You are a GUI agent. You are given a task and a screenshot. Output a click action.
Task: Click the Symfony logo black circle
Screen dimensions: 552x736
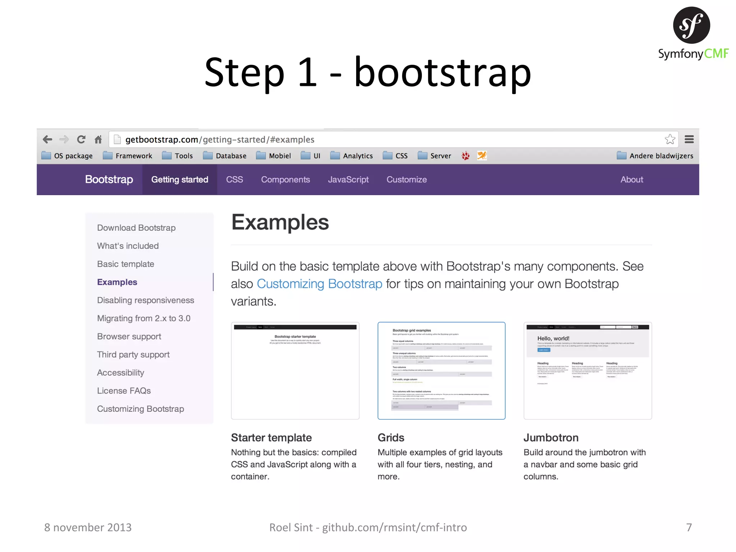click(691, 25)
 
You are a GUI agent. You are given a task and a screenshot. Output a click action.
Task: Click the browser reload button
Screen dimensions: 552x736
click(81, 139)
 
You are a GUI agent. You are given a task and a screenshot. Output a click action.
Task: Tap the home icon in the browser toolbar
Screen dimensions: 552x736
click(98, 139)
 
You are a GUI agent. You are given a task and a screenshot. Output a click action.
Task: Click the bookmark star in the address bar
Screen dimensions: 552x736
click(670, 139)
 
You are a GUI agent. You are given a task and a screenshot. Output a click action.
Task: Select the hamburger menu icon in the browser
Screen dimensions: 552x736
click(689, 139)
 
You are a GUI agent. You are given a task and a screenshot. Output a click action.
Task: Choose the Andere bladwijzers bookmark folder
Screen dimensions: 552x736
click(655, 156)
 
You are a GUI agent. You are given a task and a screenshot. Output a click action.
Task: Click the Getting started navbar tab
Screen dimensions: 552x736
click(180, 180)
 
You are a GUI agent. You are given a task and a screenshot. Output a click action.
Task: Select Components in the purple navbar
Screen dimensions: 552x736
click(285, 180)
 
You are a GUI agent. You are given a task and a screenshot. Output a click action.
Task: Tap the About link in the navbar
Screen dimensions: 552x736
click(631, 180)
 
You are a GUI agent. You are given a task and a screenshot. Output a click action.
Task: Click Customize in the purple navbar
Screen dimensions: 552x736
click(406, 180)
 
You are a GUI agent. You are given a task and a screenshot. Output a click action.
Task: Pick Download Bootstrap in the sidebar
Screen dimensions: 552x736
click(136, 228)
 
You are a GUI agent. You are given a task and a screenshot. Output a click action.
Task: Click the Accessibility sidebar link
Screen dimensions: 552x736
click(120, 373)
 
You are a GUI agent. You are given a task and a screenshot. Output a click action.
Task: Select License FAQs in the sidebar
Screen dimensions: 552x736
click(124, 391)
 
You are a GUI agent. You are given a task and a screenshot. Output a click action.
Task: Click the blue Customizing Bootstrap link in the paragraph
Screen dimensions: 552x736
click(319, 284)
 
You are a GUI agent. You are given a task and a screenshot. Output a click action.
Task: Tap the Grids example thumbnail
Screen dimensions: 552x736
click(441, 371)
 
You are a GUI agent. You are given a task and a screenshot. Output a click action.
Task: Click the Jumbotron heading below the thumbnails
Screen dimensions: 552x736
click(551, 438)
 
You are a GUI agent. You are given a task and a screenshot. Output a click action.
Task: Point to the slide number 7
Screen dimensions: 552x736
click(689, 527)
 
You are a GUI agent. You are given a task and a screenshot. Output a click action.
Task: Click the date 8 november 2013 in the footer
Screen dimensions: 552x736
click(88, 527)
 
